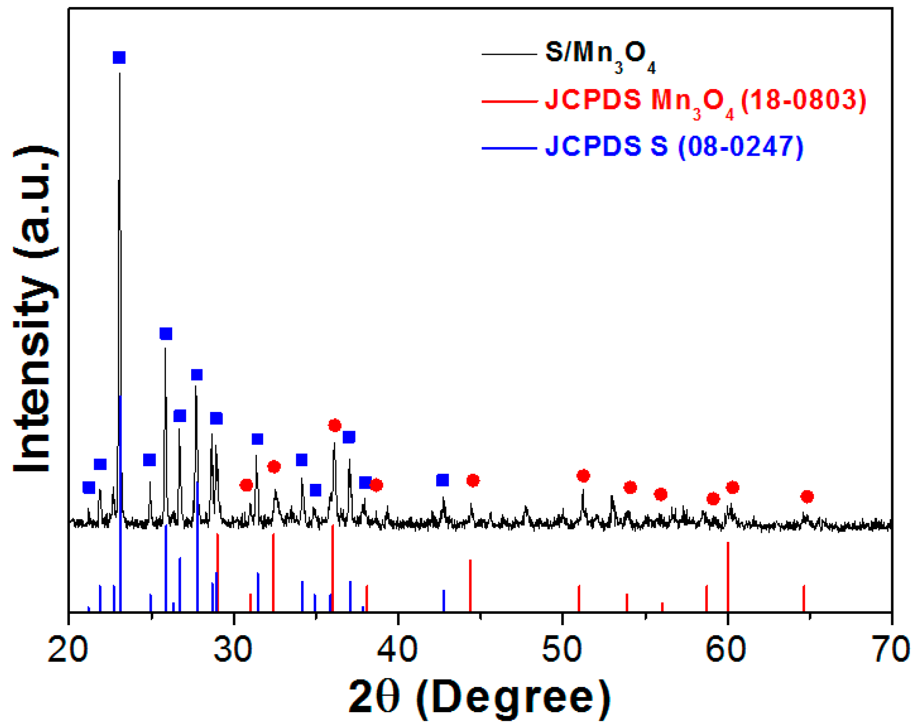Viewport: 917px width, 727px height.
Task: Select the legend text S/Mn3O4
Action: coord(600,55)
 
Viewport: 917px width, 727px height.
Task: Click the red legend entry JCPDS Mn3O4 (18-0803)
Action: coord(705,101)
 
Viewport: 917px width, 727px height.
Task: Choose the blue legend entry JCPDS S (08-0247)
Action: coord(674,147)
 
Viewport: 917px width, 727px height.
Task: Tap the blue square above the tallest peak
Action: coord(119,58)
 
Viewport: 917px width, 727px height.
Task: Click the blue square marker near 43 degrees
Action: coord(442,480)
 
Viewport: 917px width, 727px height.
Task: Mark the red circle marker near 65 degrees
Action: coord(807,497)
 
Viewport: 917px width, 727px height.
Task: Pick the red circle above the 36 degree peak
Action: coord(334,425)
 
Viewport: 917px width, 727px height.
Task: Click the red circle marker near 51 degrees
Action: coord(583,476)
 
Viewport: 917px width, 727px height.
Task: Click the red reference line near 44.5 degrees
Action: coord(470,585)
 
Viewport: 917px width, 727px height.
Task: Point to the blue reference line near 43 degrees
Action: coord(444,600)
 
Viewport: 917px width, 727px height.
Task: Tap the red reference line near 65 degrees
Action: coord(804,598)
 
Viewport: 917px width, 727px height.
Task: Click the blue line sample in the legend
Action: coord(509,148)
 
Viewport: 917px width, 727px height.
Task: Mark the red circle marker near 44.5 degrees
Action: coord(472,481)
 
